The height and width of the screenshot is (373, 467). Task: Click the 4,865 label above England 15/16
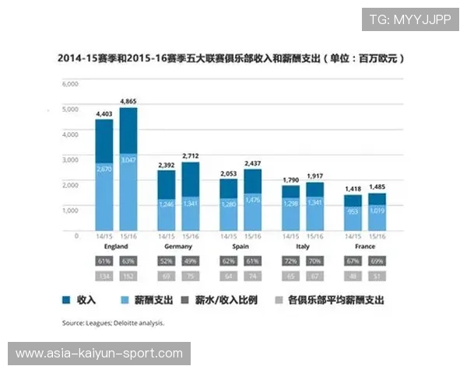[x=128, y=101]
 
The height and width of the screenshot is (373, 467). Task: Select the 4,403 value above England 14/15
[x=104, y=113]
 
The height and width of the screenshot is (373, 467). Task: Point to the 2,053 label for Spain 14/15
[x=228, y=173]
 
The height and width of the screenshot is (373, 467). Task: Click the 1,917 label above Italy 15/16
[x=315, y=176]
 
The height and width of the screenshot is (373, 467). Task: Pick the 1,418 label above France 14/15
[x=353, y=188]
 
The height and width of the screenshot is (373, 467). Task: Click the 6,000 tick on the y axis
[x=70, y=83]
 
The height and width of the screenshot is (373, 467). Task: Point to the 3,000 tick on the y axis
[x=70, y=159]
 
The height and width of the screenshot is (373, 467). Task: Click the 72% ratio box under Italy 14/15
[x=290, y=260]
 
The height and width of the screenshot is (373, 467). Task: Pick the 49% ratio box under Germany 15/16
[x=191, y=260]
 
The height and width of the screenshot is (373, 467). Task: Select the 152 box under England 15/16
[x=128, y=275]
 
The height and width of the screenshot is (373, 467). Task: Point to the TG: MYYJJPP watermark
[x=409, y=19]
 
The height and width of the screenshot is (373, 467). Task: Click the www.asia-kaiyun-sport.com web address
[x=99, y=354]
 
